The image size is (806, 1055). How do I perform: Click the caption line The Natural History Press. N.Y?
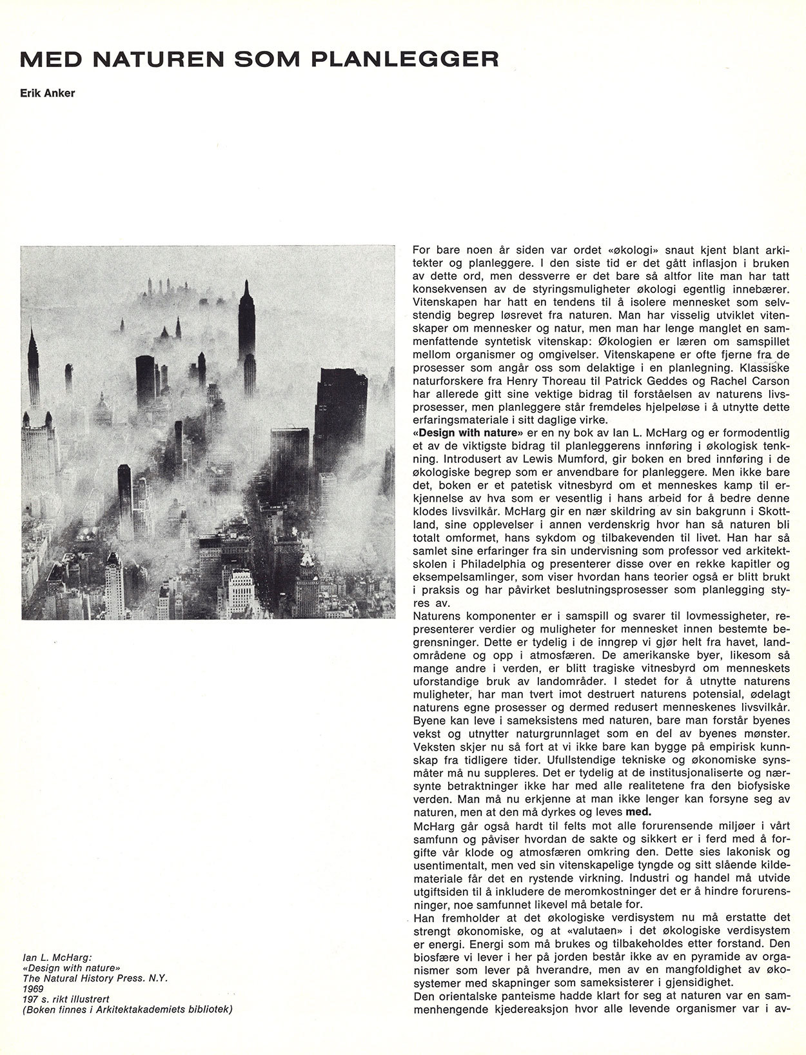(x=95, y=978)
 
